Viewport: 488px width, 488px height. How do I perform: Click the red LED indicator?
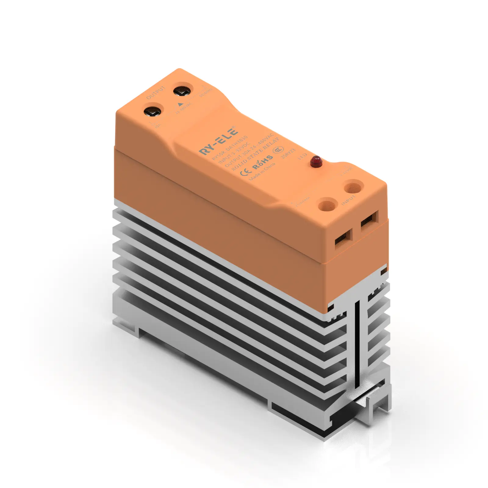(x=316, y=161)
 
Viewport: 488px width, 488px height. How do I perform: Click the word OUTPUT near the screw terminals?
(x=156, y=92)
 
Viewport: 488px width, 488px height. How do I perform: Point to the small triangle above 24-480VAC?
(x=180, y=104)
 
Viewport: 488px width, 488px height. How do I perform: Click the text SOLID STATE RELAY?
(x=256, y=154)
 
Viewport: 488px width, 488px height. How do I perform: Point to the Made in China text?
(x=262, y=172)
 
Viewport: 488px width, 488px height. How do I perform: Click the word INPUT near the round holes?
(x=348, y=200)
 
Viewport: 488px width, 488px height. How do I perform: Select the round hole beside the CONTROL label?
(x=327, y=204)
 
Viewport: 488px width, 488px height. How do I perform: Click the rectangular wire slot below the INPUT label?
(x=369, y=220)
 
